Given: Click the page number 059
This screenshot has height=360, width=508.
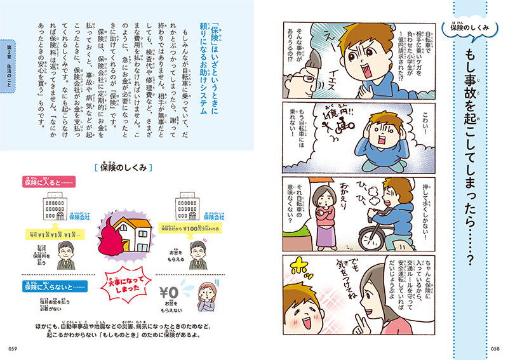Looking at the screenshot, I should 14,347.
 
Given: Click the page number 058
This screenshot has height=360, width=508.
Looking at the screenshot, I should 493,347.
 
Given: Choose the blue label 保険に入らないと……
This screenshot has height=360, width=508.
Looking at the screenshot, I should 55,286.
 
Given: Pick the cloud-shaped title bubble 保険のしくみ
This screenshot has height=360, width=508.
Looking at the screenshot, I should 474,27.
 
